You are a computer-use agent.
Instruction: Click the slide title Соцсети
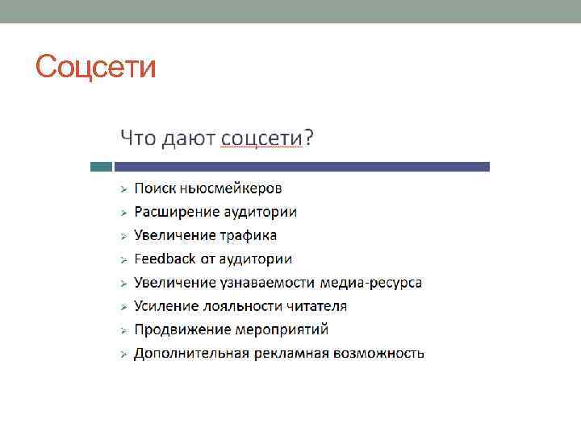coord(96,66)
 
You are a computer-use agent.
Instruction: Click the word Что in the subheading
coord(138,138)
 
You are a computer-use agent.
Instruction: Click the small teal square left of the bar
coord(101,167)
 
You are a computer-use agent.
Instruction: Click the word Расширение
coord(177,212)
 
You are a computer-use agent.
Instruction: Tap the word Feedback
coord(165,259)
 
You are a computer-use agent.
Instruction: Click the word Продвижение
coord(182,329)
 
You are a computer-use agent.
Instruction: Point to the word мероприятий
coord(282,329)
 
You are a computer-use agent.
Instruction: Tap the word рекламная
coord(291,353)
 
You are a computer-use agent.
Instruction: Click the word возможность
coord(379,353)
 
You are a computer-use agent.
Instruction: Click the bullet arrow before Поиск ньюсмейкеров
coord(123,189)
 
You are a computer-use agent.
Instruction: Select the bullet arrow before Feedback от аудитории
coord(123,259)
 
